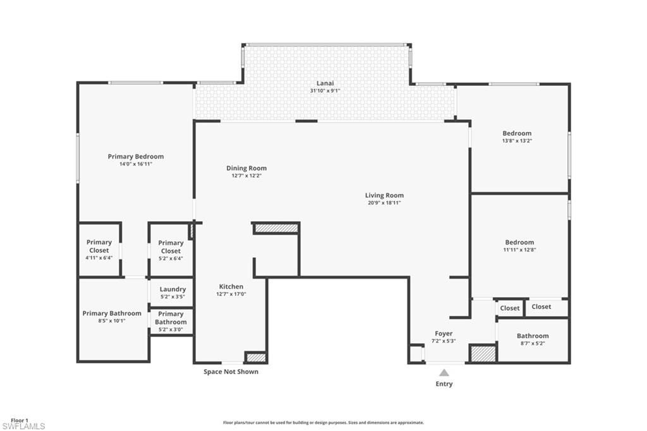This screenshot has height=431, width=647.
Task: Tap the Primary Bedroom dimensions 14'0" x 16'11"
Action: tap(135, 164)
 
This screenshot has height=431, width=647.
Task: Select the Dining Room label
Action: tap(246, 168)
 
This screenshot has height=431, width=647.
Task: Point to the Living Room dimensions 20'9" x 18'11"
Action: tap(384, 203)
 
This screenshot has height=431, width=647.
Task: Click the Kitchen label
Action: tap(231, 286)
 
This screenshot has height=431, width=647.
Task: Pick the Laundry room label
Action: tap(172, 289)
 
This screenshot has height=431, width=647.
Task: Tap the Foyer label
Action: tap(444, 334)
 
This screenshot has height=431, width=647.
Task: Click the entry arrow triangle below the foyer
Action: tap(444, 372)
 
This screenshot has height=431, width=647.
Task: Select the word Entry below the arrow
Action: tap(444, 384)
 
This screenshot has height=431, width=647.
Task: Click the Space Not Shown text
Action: tap(231, 372)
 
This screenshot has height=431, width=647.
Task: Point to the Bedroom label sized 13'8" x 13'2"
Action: tap(517, 133)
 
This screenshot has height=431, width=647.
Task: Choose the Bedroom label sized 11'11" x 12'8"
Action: tap(519, 242)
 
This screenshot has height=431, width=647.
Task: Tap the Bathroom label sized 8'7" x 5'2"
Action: tap(533, 336)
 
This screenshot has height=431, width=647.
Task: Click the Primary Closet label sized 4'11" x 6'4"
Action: tap(99, 246)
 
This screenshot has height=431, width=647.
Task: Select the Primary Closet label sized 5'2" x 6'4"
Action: tap(171, 246)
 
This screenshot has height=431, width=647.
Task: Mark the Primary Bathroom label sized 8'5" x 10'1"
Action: tap(112, 313)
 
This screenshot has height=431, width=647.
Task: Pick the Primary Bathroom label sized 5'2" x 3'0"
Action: tap(171, 318)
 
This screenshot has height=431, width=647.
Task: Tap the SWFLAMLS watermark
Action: tap(23, 426)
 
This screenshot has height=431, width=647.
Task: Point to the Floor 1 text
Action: tap(20, 420)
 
